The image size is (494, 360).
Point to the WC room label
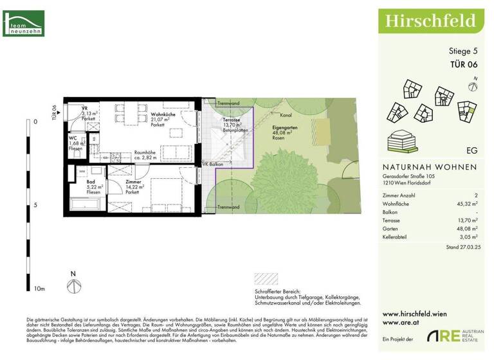[74, 138]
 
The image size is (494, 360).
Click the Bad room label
[90, 182]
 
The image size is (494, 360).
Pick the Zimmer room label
[133, 182]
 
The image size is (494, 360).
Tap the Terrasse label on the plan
[232, 120]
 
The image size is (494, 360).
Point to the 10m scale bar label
[38, 290]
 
